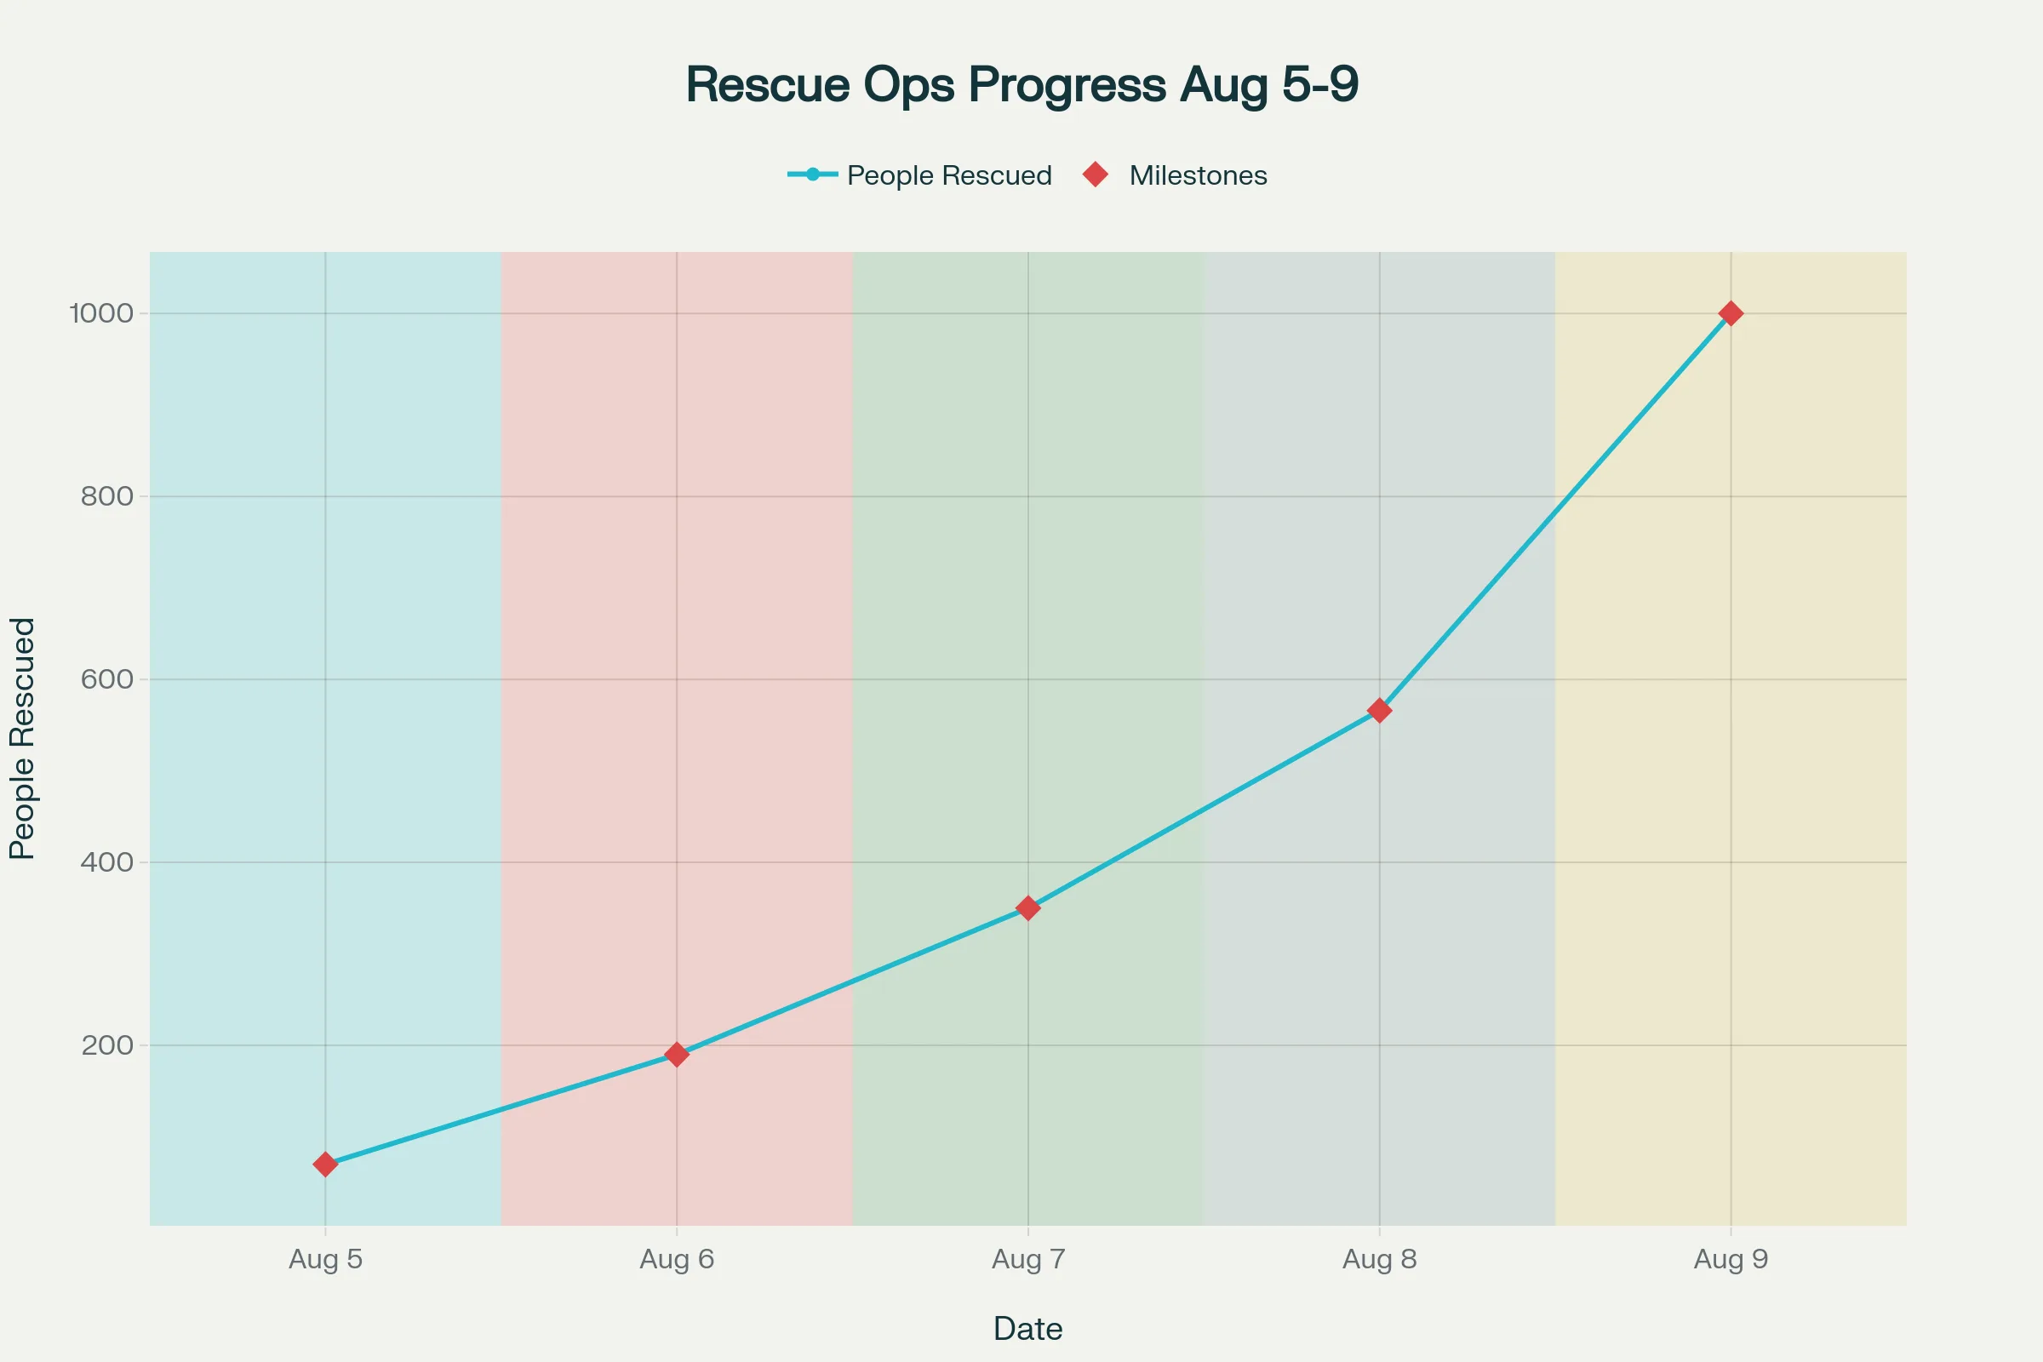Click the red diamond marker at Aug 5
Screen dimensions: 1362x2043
[325, 1164]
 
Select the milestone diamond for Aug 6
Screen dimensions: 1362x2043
[677, 1055]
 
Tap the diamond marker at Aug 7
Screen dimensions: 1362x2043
[1028, 907]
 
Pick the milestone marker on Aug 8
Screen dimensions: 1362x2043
[1379, 711]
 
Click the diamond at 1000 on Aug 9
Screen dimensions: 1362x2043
[1731, 312]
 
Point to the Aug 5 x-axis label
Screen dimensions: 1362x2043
[325, 1259]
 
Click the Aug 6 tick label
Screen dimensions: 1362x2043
[677, 1259]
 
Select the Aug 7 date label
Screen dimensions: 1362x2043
[1028, 1259]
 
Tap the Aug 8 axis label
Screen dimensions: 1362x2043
[1379, 1259]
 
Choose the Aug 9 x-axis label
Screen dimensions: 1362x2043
[1731, 1259]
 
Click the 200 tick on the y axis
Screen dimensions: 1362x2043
[108, 1045]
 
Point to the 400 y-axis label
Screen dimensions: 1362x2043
[108, 861]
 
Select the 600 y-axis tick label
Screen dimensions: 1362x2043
[108, 679]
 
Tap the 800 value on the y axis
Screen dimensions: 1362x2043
[108, 496]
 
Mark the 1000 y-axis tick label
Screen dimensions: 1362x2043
[101, 312]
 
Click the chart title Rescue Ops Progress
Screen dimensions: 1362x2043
[1021, 84]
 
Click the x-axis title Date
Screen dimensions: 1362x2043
[1027, 1328]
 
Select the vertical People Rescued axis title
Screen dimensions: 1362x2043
[23, 738]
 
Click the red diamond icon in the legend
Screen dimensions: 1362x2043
[1096, 175]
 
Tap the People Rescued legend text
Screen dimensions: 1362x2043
[948, 175]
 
